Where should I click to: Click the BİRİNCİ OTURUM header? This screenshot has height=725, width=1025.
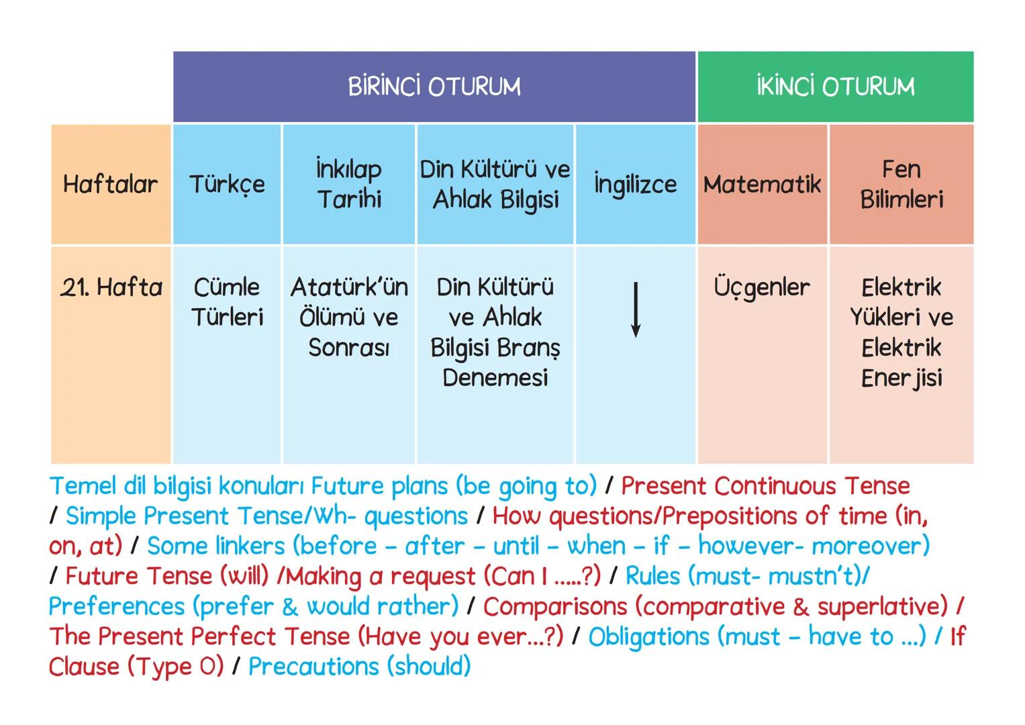(x=434, y=87)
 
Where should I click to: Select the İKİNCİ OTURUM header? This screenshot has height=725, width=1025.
(x=835, y=87)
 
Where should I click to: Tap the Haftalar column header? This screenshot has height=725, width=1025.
(x=110, y=184)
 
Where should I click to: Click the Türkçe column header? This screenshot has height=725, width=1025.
(x=227, y=184)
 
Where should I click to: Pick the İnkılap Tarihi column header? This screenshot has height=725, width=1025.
(x=349, y=184)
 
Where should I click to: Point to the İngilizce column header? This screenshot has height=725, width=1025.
(x=635, y=184)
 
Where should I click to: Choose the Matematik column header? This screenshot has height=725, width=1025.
(x=762, y=184)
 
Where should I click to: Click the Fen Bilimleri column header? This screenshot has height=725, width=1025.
(x=901, y=184)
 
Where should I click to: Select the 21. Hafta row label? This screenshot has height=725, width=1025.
(x=111, y=287)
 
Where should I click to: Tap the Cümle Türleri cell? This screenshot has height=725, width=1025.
(x=227, y=302)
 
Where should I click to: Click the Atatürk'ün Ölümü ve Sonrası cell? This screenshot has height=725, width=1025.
(x=349, y=317)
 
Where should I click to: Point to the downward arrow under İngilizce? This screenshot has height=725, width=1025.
(x=635, y=309)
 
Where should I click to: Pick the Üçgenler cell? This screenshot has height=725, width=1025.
(x=762, y=287)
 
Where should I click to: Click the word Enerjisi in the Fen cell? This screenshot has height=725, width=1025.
(x=901, y=378)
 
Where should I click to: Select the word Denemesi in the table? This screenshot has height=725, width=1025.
(x=495, y=378)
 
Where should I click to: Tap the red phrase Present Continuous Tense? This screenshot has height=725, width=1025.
(x=765, y=485)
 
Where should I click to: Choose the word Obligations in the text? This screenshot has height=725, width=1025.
(x=648, y=636)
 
